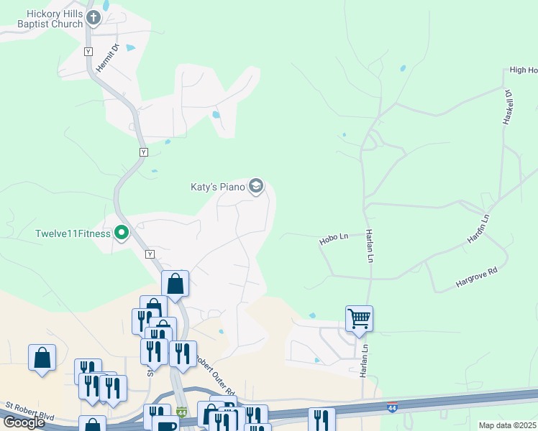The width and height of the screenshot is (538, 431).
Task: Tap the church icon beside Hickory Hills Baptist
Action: (93, 17)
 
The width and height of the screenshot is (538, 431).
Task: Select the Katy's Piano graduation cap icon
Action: (255, 187)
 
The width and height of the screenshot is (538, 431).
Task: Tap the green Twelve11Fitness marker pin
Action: (122, 233)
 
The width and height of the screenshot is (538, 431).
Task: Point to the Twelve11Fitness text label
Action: (73, 233)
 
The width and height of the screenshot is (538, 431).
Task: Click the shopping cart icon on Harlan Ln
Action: (359, 318)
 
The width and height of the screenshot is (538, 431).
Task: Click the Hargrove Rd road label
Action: (477, 276)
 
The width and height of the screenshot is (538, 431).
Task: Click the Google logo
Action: (24, 422)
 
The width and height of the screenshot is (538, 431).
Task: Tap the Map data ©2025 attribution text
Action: (508, 425)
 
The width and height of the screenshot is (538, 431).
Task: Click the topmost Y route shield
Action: (88, 52)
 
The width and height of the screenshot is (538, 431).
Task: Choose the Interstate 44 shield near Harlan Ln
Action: (392, 407)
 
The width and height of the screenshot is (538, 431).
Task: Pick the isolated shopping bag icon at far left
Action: (42, 358)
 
